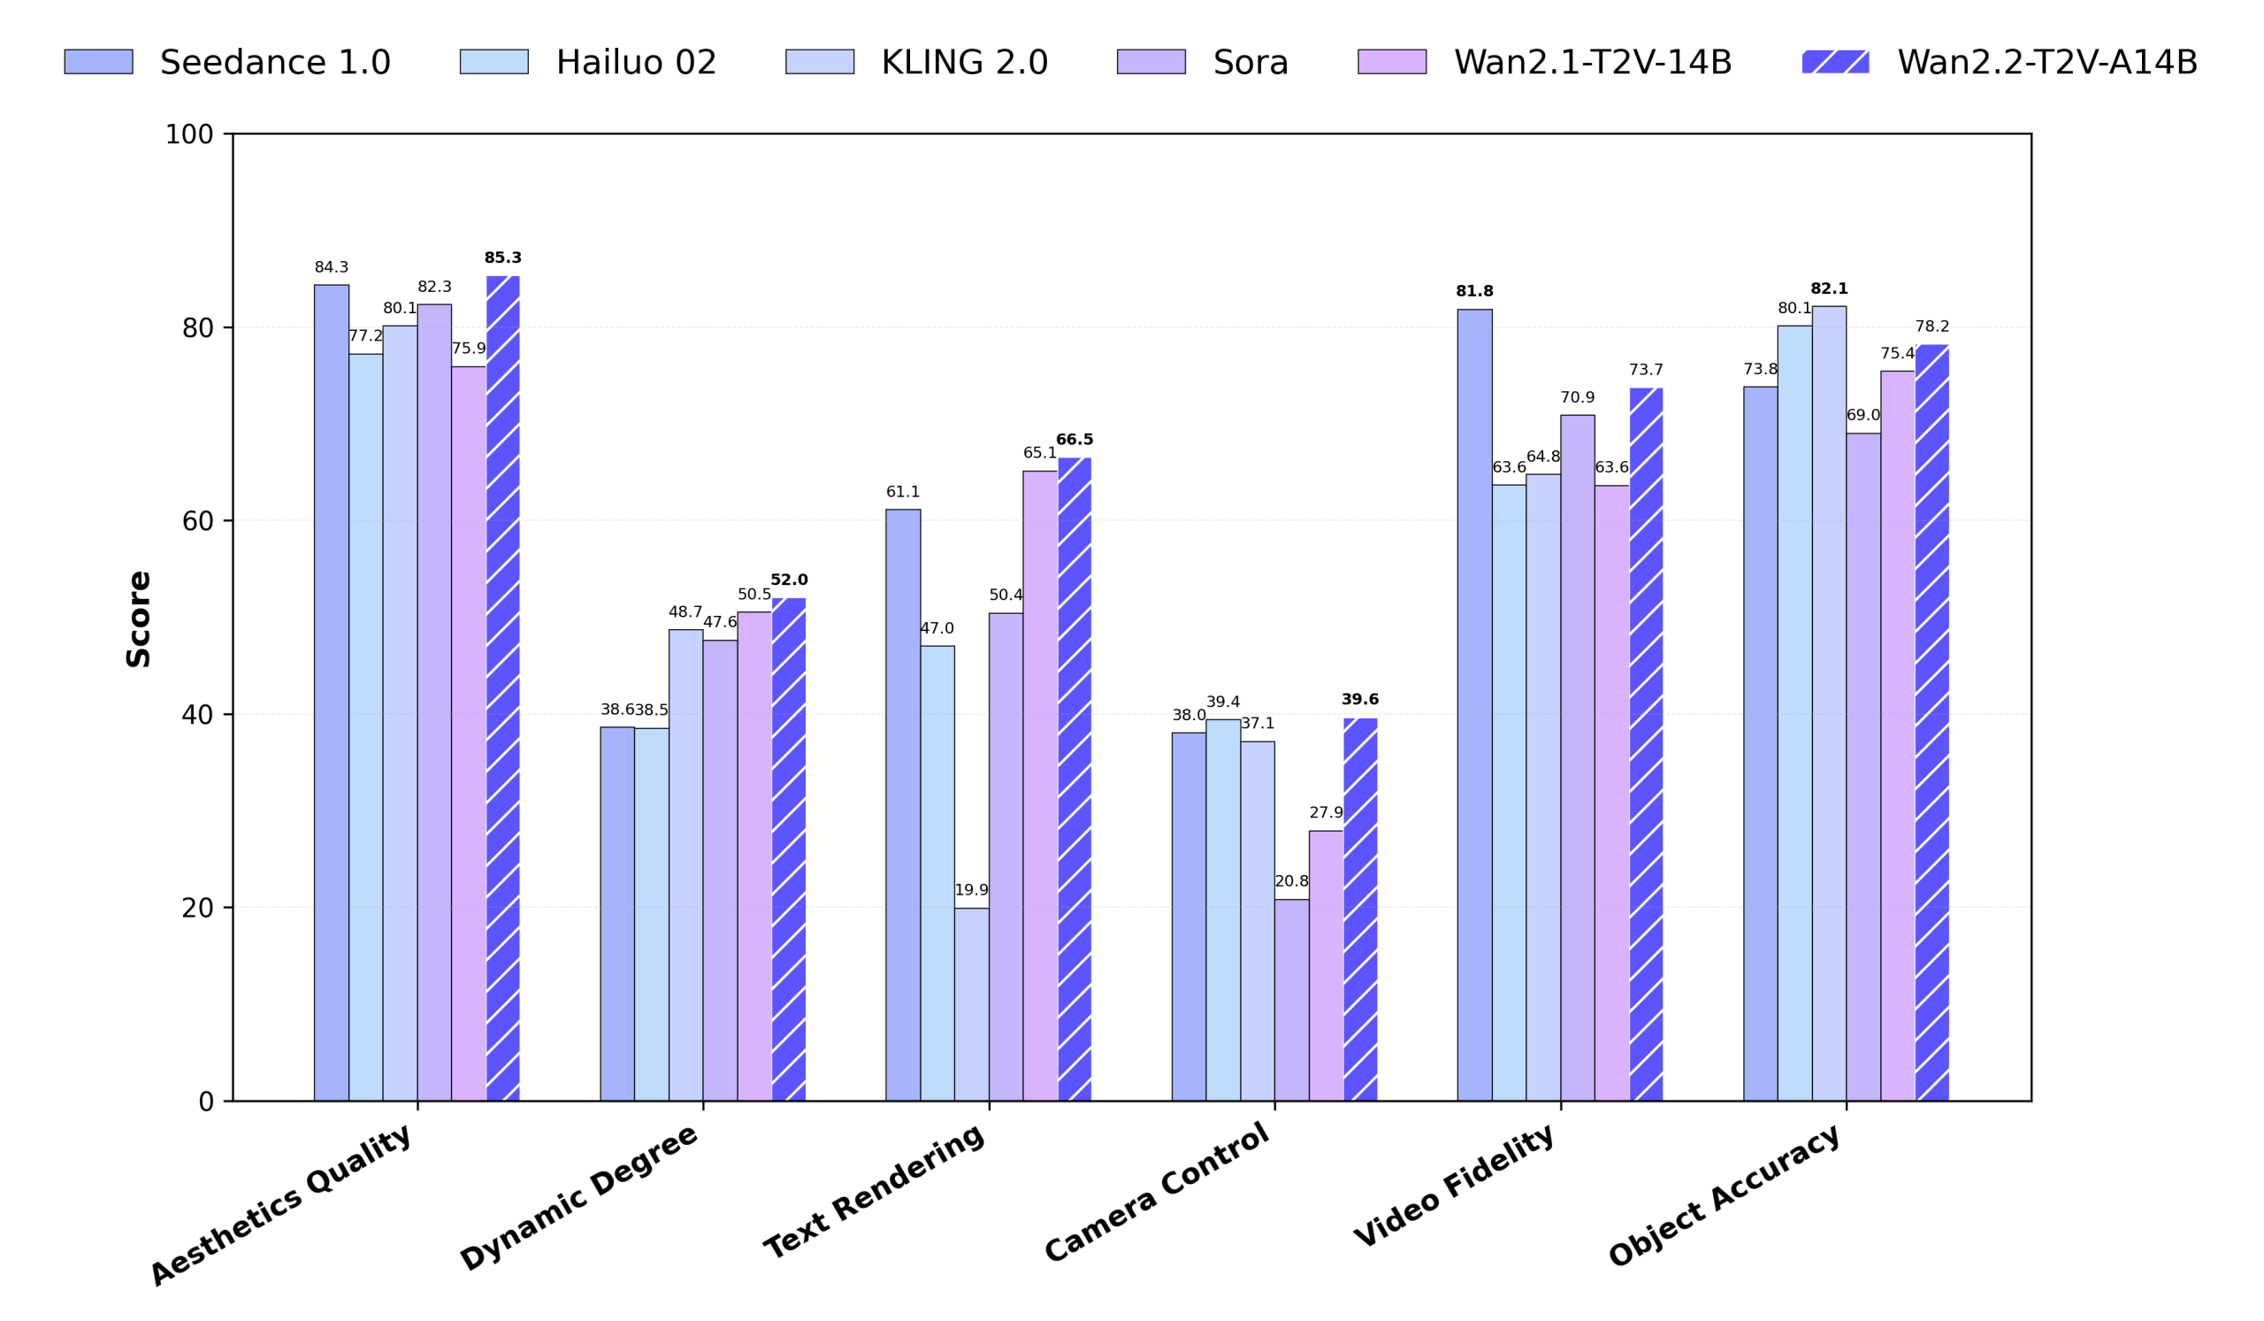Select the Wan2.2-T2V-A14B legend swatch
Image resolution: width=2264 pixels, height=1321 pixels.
coord(1834,62)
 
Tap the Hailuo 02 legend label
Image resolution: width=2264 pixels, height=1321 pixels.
coord(636,62)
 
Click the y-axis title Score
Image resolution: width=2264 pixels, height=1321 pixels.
coord(138,618)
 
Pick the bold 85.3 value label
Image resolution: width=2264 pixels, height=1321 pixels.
coord(502,257)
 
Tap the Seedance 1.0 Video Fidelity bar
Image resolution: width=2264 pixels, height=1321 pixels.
coord(1474,704)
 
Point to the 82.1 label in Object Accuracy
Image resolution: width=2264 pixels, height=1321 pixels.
coord(1828,288)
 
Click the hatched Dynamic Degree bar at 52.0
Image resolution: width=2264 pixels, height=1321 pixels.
coord(789,849)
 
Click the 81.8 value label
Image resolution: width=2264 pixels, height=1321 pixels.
coord(1474,291)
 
